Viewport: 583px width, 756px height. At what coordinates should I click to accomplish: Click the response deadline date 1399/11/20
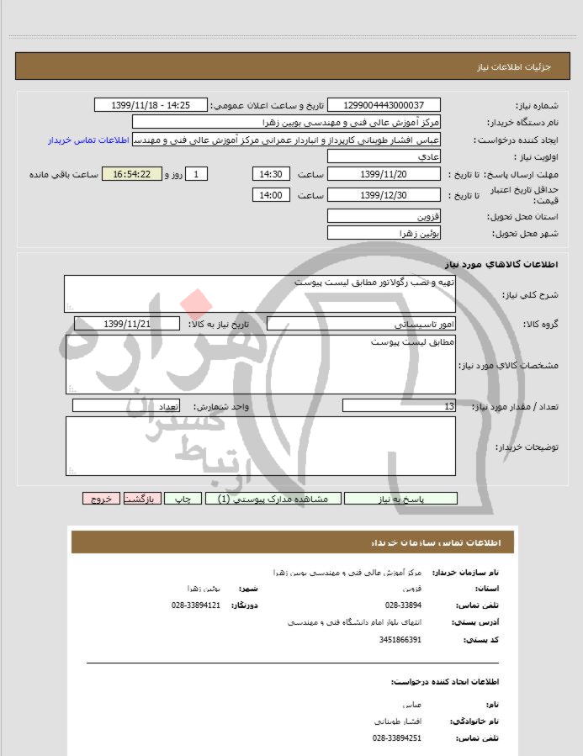[x=383, y=174]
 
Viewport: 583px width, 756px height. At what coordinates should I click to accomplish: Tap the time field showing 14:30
[x=271, y=174]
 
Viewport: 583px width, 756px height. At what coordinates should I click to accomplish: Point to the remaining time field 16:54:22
[x=135, y=174]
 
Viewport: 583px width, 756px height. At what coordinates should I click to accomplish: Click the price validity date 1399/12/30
[x=383, y=195]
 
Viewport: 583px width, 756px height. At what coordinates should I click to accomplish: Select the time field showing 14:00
[x=271, y=195]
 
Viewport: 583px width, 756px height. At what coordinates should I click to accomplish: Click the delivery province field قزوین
[x=383, y=216]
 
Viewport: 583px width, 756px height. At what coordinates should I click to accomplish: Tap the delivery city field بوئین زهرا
[x=383, y=233]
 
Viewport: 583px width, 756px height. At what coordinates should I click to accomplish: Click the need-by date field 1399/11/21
[x=127, y=324]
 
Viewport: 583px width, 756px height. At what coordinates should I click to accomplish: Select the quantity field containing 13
[x=400, y=406]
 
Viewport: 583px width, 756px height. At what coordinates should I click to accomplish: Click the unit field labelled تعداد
[x=127, y=406]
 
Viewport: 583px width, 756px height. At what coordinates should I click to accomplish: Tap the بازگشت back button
[x=141, y=499]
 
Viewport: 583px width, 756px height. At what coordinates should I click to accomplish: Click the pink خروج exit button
[x=101, y=499]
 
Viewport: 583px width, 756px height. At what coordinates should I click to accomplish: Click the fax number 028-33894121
[x=195, y=605]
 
